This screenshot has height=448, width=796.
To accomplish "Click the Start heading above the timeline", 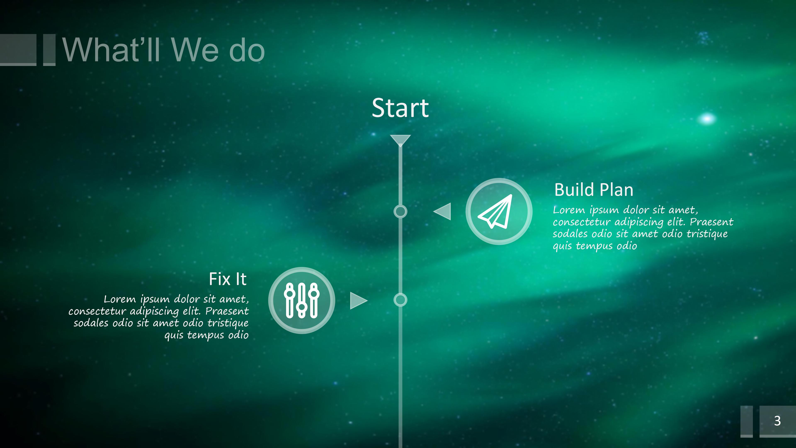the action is [400, 108].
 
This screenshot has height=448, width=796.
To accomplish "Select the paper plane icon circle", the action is [499, 212].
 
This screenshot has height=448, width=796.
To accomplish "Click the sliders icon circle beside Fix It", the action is [302, 300].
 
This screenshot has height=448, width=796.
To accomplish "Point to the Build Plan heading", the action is [594, 190].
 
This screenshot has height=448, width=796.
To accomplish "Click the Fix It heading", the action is [228, 279].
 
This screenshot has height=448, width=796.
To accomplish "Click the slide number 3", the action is [778, 421].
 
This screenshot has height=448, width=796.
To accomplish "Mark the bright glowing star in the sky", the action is [707, 119].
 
